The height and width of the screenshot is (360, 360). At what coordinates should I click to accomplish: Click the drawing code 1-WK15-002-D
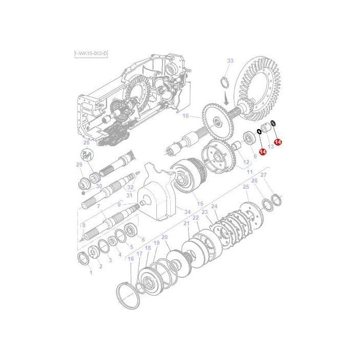coord(91,53)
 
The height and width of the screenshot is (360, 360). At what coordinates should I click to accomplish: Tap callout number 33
coord(230,61)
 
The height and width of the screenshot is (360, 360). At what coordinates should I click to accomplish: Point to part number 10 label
coord(186,115)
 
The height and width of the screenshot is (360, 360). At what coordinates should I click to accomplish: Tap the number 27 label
coord(264,176)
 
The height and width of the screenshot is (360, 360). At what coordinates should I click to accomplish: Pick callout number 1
coord(91,273)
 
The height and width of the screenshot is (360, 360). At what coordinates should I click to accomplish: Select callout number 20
coord(165,237)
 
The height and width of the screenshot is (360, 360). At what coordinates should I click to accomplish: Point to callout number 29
coord(79,165)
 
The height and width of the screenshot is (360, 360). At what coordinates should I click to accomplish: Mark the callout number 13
coord(271,147)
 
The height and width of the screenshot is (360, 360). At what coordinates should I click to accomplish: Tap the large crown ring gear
coord(259,92)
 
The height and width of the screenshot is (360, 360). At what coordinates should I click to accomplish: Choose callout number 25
coord(246,187)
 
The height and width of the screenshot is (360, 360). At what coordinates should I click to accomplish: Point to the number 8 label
coord(83,225)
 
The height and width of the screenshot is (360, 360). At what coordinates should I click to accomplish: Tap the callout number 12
coord(239,163)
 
